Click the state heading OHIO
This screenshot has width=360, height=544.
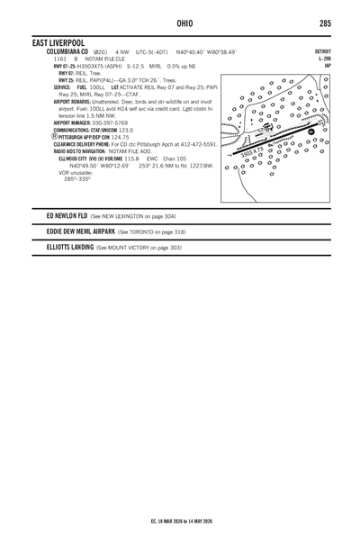pyautogui.click(x=184, y=21)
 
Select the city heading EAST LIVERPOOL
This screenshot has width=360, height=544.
pyautogui.click(x=58, y=42)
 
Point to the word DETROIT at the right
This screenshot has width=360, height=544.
pyautogui.click(x=321, y=51)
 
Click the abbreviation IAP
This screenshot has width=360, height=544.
pyautogui.click(x=328, y=66)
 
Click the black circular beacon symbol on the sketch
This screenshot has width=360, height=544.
pyautogui.click(x=310, y=132)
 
